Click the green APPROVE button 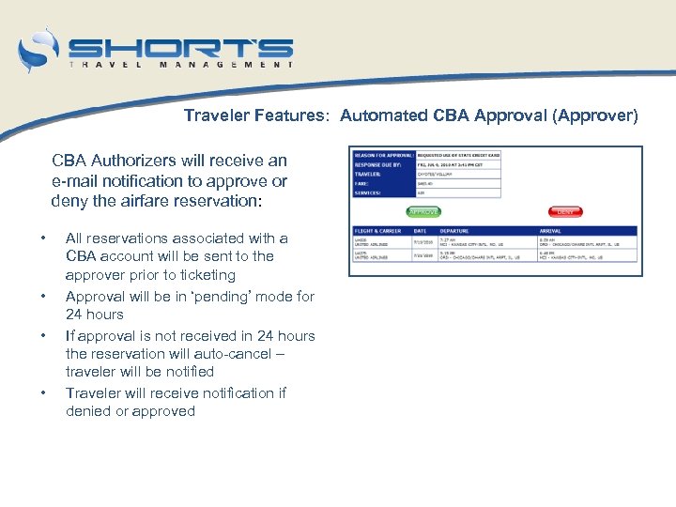[x=423, y=211]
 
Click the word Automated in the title [x=383, y=116]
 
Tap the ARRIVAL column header [x=551, y=230]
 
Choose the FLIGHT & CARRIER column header [x=376, y=230]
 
